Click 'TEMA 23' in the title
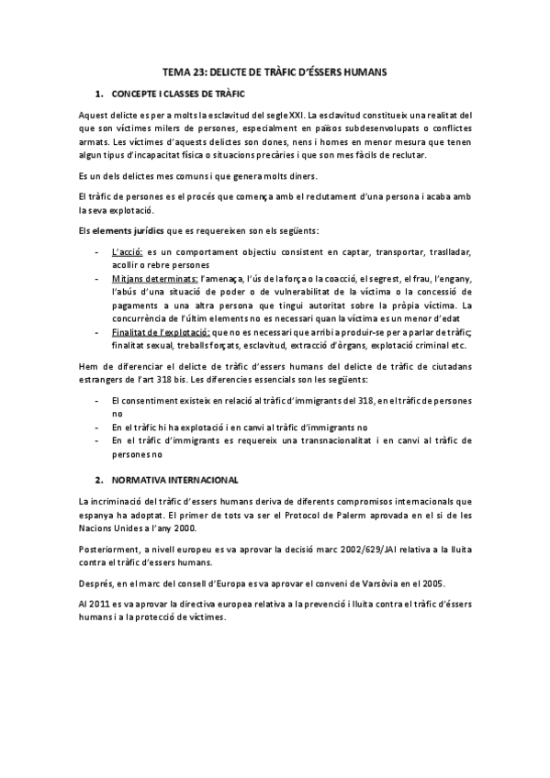coord(178,71)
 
